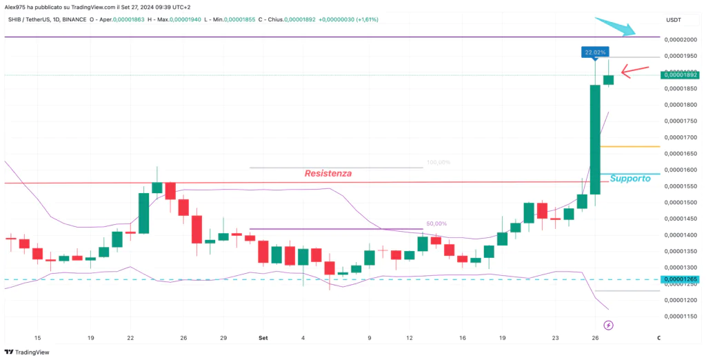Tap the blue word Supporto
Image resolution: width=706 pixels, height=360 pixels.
[x=630, y=178]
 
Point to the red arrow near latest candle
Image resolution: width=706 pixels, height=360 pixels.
[x=635, y=69]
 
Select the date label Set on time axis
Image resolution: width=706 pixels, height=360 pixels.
[x=262, y=338]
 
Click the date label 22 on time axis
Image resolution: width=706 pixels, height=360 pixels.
[x=130, y=338]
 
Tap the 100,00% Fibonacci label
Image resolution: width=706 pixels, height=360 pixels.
[x=438, y=163]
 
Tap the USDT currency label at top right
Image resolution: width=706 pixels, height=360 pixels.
[x=673, y=20]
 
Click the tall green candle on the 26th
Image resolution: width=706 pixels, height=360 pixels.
[x=595, y=138]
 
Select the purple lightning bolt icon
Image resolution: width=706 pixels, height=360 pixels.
[x=608, y=324]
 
